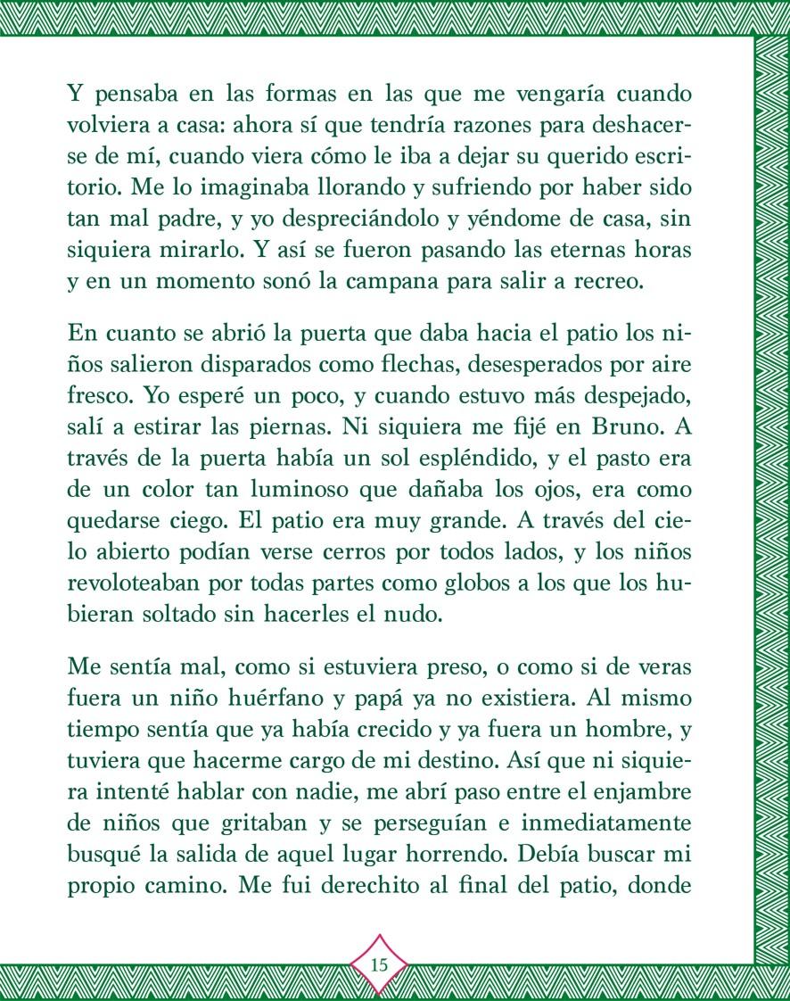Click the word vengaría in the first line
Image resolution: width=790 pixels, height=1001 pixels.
coord(527,94)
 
